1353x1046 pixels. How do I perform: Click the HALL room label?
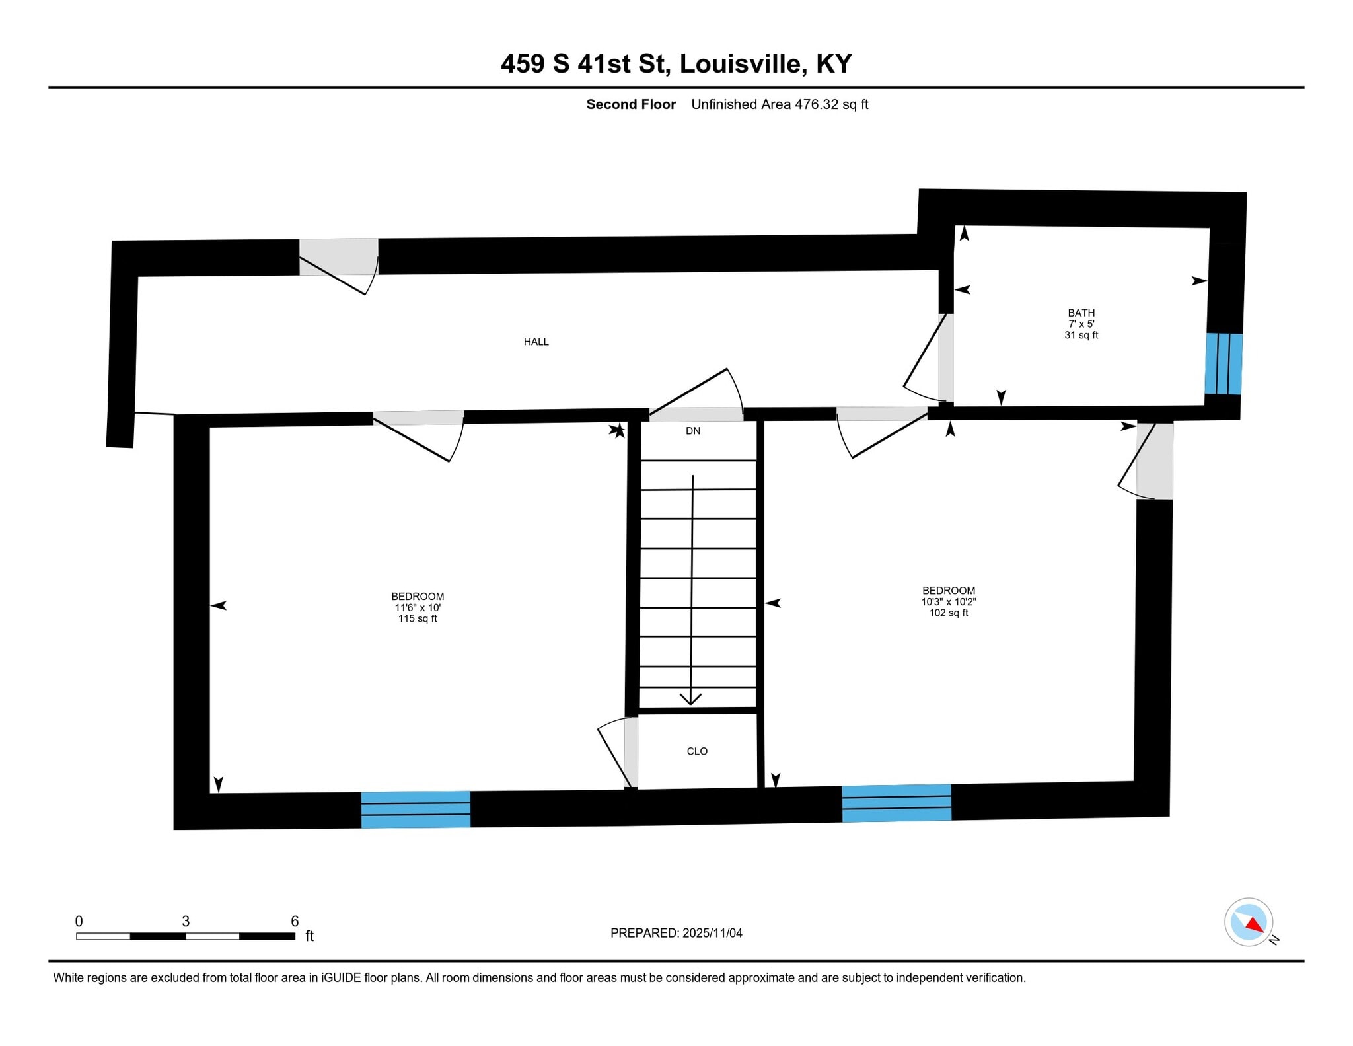[x=536, y=342]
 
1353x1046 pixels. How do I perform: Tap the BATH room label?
[x=1081, y=313]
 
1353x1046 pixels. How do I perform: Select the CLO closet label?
[x=697, y=751]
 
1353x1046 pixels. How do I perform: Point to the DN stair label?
[x=692, y=431]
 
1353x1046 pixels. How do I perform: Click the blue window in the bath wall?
[x=1223, y=364]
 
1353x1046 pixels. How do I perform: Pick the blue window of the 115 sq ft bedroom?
[x=416, y=809]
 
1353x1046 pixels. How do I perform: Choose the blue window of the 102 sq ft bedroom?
[x=896, y=803]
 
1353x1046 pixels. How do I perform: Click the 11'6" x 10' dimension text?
[x=418, y=607]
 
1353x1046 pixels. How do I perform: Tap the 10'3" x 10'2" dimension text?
[x=949, y=602]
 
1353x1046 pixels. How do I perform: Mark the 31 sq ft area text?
[x=1081, y=335]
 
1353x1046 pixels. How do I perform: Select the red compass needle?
[x=1255, y=925]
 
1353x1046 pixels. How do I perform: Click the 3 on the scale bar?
[x=186, y=921]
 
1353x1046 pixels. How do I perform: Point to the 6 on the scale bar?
[x=295, y=921]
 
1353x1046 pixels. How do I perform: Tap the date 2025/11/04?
[x=712, y=933]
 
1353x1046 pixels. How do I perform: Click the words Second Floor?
[x=631, y=104]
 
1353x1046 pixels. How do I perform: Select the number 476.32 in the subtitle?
[x=817, y=104]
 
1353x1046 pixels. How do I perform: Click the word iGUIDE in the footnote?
[x=341, y=978]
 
